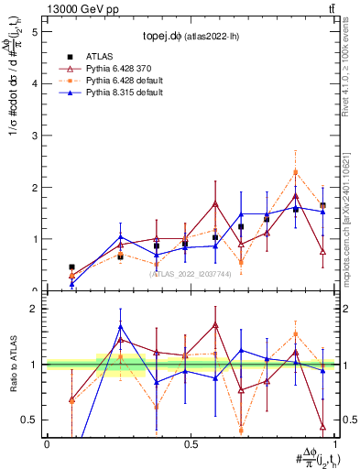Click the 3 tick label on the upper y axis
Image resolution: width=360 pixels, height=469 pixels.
coord(34,135)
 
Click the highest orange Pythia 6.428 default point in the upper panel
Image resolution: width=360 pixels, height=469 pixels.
coord(295,171)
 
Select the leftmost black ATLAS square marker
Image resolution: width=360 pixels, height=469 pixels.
coord(72,267)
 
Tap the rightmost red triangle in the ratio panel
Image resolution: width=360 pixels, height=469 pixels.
coord(323,426)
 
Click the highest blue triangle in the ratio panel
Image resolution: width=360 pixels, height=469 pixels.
coord(121,327)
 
